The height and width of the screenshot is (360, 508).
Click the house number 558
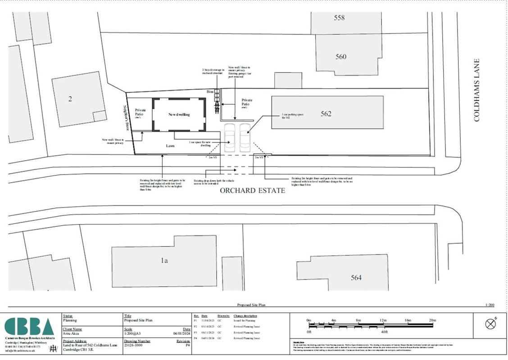tap(339, 18)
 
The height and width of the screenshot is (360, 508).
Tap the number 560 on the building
tap(341, 57)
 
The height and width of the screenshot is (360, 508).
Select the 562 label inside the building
tap(326, 114)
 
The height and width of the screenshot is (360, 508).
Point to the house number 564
tap(356, 278)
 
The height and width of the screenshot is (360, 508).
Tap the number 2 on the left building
tap(70, 99)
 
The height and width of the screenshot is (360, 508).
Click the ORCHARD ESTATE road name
tap(252, 191)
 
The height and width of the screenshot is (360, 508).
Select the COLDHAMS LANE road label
tap(477, 90)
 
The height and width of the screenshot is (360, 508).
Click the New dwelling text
tap(179, 114)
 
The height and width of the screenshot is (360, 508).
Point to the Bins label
tap(210, 91)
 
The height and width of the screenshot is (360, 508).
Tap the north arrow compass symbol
tap(490, 324)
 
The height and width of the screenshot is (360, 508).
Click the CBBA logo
tap(30, 326)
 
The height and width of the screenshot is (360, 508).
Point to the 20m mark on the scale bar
tap(432, 320)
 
